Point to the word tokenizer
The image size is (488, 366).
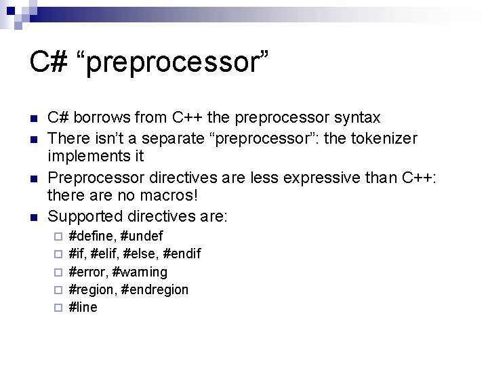click(x=384, y=139)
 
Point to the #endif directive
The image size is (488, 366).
click(x=182, y=254)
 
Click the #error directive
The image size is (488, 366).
click(x=88, y=272)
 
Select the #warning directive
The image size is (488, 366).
click(x=140, y=272)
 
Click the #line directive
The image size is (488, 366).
click(x=83, y=307)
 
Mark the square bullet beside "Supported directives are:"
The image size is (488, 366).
click(x=33, y=218)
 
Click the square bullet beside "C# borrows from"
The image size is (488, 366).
click(x=33, y=119)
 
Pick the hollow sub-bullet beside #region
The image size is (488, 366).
click(x=58, y=290)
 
